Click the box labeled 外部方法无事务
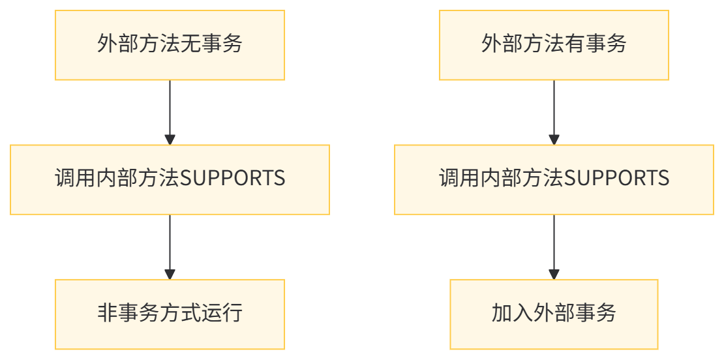(170, 45)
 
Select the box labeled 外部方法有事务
(554, 45)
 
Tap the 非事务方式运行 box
(170, 314)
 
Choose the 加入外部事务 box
(554, 314)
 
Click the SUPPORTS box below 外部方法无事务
(170, 179)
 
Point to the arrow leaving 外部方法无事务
(170, 112)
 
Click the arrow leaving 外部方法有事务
(554, 112)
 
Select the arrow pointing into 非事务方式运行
(170, 247)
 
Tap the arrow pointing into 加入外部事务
(554, 247)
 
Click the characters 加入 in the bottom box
(512, 313)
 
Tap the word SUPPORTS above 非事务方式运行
(232, 179)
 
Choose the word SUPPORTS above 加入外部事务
(616, 179)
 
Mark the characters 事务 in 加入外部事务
(595, 313)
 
